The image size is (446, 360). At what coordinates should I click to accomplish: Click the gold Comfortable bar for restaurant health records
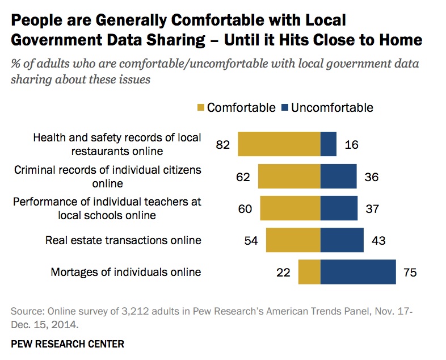pos(279,144)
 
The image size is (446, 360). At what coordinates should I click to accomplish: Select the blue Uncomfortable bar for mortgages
pos(357,272)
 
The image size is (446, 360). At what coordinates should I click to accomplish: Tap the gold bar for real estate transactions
pos(293,240)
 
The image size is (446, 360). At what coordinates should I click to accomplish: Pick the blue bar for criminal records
pos(338,177)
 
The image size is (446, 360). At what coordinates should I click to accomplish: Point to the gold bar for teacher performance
pos(290,208)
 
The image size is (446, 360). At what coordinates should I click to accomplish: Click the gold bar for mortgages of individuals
pos(309,272)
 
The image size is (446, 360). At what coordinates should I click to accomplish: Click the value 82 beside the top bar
pos(222,145)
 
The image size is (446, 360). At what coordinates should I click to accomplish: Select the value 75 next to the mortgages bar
pos(410,273)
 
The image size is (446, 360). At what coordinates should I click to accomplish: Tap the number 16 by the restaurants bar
pos(352,145)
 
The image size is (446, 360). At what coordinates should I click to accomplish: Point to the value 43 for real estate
pos(378,241)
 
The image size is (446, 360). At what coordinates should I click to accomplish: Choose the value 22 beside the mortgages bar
pos(283,273)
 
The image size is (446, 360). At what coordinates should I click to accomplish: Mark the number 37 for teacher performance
pos(373,208)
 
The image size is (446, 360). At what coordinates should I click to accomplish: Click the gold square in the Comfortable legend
pos(200,107)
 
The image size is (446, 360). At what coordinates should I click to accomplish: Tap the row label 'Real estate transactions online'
pos(123,240)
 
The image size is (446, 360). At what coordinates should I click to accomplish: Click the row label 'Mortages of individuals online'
pos(126,272)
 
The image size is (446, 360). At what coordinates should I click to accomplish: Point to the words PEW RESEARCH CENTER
pos(68,344)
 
